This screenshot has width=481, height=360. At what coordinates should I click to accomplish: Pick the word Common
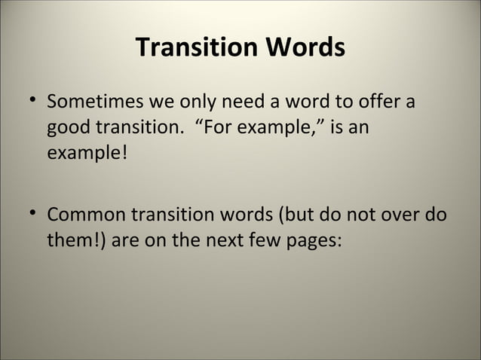[x=86, y=216]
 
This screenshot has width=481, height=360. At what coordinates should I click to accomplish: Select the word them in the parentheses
[x=69, y=242]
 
